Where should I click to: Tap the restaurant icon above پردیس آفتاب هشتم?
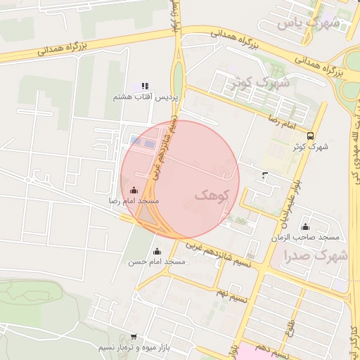[146, 86]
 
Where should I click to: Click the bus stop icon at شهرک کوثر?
[311, 136]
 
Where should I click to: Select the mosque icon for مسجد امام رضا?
[134, 190]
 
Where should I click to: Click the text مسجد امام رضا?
[134, 201]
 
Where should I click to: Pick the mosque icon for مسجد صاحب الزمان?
[305, 226]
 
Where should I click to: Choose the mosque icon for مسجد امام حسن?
[156, 251]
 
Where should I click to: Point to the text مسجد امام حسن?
[156, 262]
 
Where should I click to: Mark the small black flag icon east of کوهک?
[264, 174]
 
